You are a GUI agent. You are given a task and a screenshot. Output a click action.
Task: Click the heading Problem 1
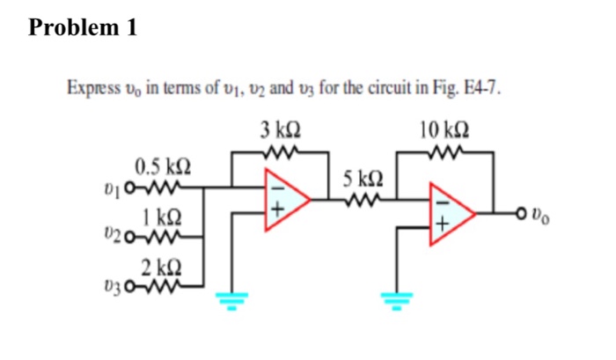83,27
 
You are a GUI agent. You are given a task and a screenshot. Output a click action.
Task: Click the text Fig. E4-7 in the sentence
472,89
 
